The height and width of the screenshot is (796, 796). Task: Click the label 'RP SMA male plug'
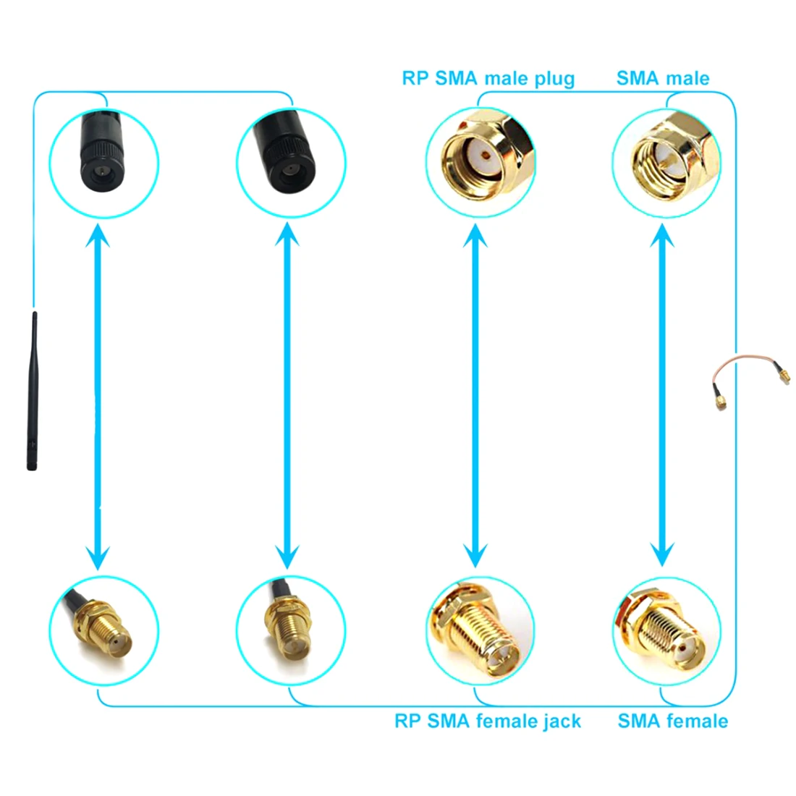tap(488, 78)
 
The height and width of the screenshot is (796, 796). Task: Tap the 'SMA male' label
tap(662, 78)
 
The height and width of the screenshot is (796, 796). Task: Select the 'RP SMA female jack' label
tap(487, 721)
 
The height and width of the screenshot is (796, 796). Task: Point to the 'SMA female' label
tap(672, 721)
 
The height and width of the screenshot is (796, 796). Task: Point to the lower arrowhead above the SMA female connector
tap(662, 554)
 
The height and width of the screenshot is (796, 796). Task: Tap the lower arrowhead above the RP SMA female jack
tap(475, 554)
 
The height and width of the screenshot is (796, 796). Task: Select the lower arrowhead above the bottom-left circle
tap(98, 556)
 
